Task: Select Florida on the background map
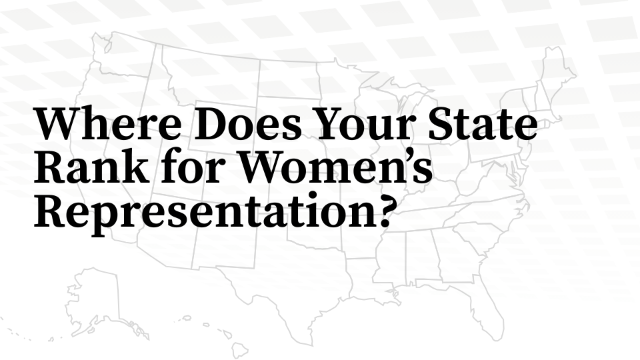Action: click(497, 313)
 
